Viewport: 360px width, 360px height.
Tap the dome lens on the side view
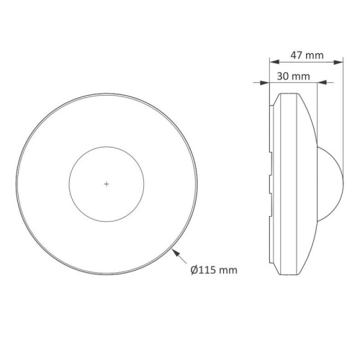(333, 184)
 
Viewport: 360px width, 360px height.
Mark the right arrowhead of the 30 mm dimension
(314, 83)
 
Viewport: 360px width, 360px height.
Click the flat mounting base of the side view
(271, 184)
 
